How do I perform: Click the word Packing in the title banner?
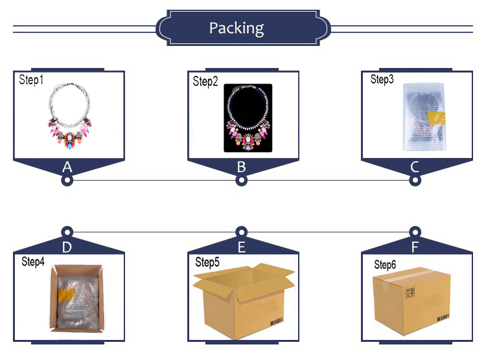click(x=237, y=28)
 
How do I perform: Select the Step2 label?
click(x=206, y=82)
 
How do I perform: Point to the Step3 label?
click(x=382, y=79)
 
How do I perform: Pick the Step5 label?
click(x=208, y=262)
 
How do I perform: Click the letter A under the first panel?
click(x=66, y=167)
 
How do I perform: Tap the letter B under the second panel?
click(x=241, y=167)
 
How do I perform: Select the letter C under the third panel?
click(x=415, y=167)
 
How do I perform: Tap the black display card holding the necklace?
click(x=248, y=118)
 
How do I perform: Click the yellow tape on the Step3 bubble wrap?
click(x=438, y=118)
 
